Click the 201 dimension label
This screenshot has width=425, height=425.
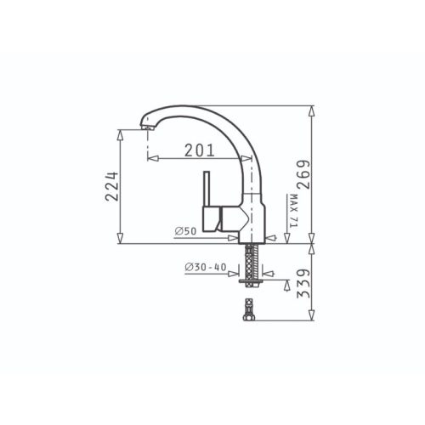[x=200, y=150]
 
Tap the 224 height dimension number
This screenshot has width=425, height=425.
[x=111, y=186]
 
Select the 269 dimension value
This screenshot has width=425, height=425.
[x=303, y=174]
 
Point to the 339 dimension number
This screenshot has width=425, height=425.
[x=303, y=283]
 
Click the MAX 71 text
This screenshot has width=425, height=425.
[x=293, y=211]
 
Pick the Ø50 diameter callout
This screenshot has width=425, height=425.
[x=185, y=231]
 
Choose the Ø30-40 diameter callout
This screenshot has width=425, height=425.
[x=206, y=267]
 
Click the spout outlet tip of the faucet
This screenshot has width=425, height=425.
[x=148, y=127]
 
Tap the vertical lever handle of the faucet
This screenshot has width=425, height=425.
[x=207, y=189]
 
